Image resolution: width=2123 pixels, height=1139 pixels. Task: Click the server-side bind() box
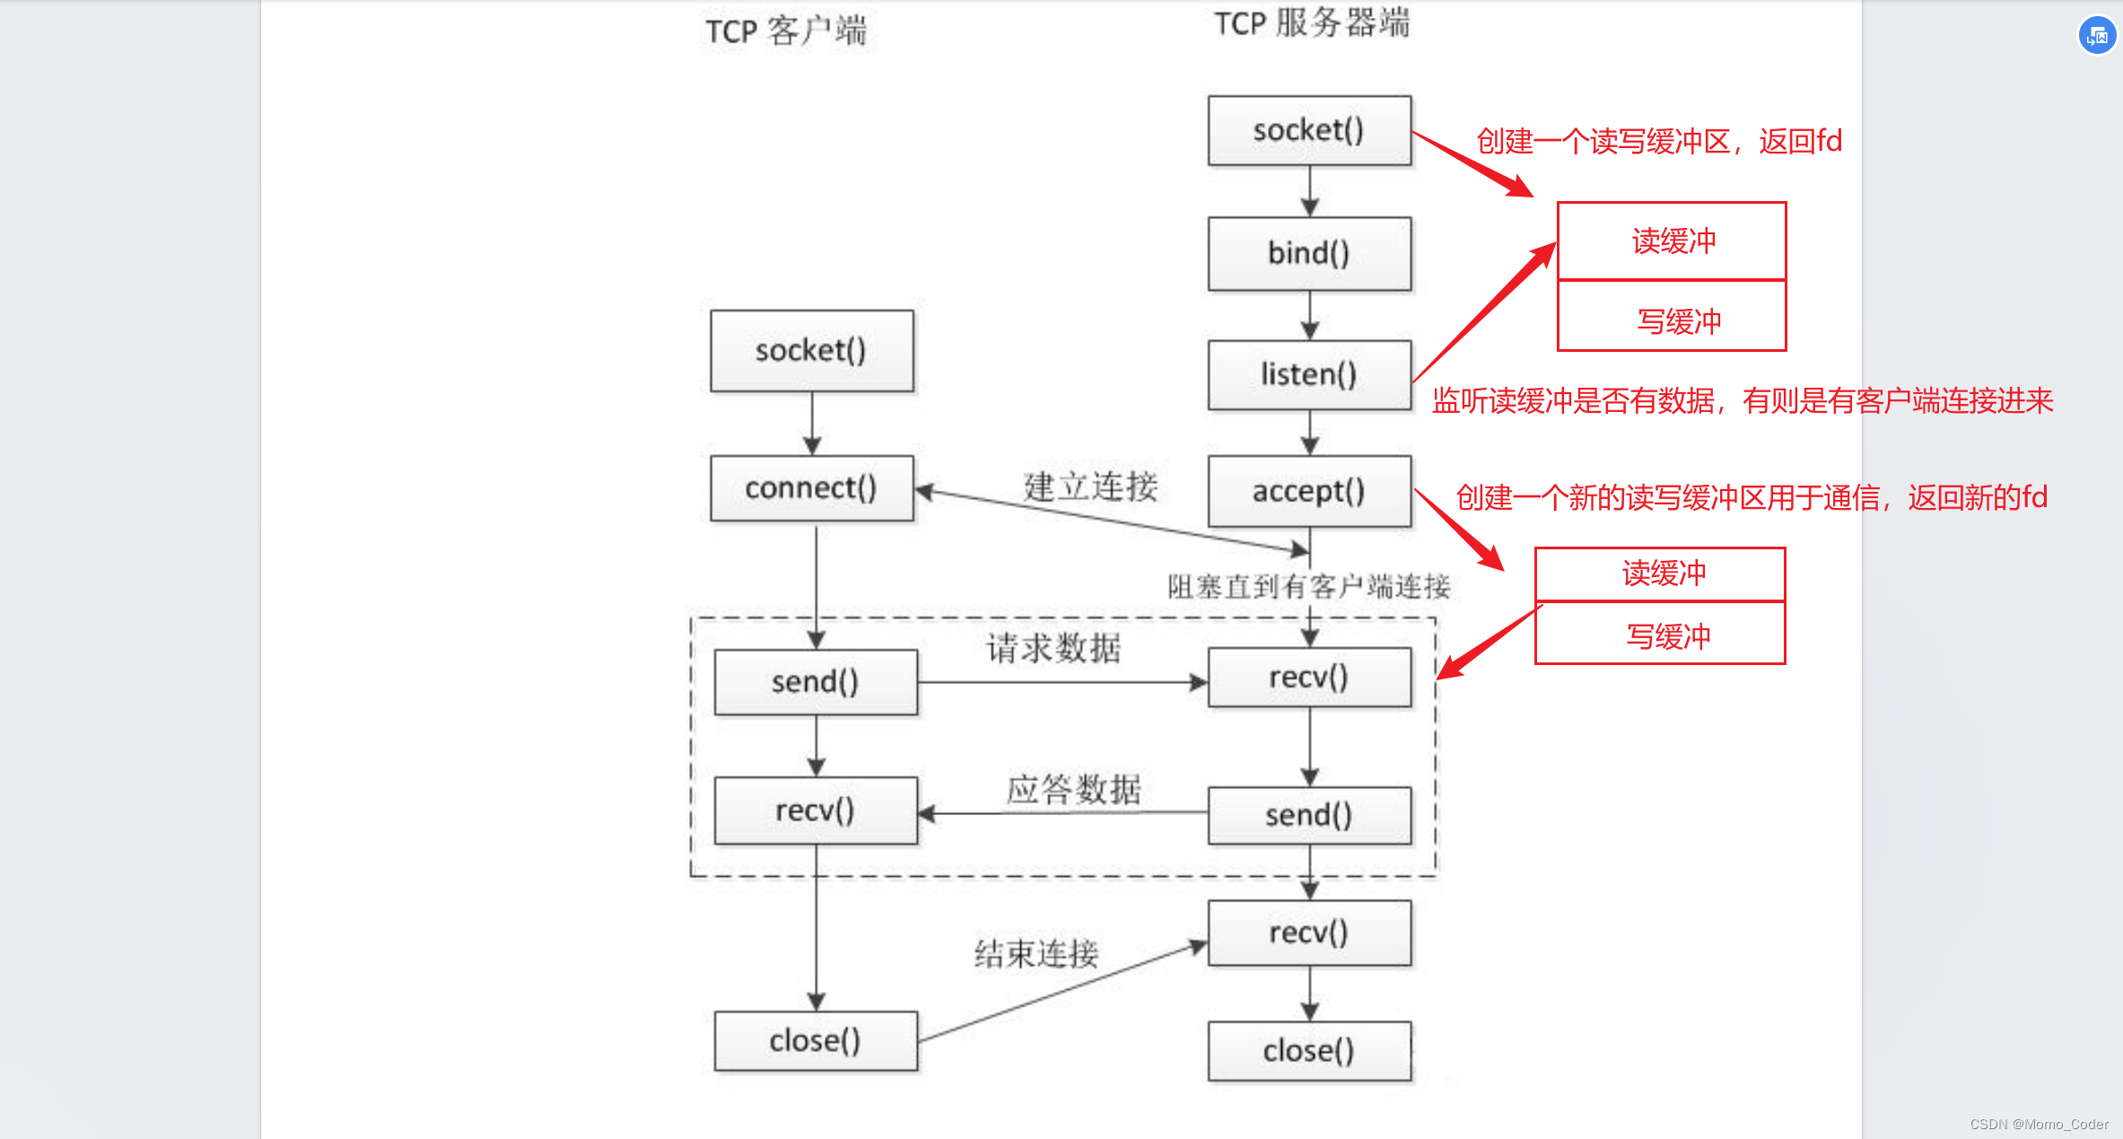1308,253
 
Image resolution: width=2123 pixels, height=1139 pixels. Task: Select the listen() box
1308,374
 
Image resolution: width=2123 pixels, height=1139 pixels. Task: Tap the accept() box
1308,491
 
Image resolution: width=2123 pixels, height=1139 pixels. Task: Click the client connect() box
811,488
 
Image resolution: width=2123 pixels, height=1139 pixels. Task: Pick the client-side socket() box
811,351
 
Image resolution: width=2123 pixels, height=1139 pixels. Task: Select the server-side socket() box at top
1308,131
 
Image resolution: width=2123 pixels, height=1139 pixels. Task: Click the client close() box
815,1041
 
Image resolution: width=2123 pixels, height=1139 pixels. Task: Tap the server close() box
1308,1051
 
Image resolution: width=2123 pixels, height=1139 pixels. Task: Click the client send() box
815,682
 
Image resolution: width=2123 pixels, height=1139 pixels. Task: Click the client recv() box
815,810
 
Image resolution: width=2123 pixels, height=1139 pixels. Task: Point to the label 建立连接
1090,486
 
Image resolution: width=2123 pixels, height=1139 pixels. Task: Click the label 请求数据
1053,648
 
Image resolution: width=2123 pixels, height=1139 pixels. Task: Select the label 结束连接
1036,953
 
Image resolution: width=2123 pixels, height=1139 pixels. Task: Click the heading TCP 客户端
785,31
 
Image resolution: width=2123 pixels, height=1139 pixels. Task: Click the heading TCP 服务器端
1311,23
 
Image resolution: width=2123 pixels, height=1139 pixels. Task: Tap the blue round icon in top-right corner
2097,36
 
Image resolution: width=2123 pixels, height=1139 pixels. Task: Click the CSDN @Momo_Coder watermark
2039,1124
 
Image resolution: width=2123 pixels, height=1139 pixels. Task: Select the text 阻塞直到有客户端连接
1308,587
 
